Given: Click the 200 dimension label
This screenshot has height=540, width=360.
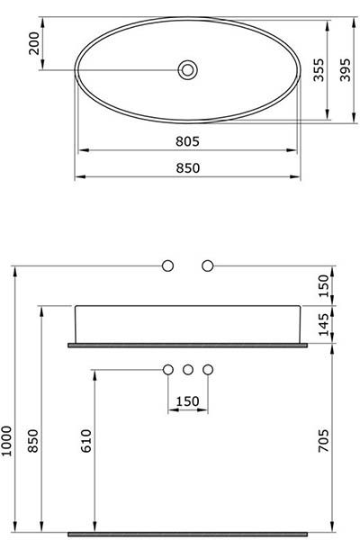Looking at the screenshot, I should click(x=35, y=43).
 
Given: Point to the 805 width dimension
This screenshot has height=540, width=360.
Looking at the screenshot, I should click(x=187, y=141).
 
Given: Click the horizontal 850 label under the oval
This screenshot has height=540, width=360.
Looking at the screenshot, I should click(x=187, y=166).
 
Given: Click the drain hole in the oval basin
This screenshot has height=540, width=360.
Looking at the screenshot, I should click(x=188, y=69).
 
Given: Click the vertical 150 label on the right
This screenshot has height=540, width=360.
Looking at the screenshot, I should click(x=325, y=285).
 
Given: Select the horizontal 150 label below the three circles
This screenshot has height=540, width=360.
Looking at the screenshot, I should click(x=187, y=400).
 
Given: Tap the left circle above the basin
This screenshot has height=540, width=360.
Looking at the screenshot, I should click(x=167, y=265).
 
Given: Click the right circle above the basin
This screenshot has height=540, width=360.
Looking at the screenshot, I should click(x=208, y=265).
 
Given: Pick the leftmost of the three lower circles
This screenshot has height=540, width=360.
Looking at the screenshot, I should click(x=167, y=369).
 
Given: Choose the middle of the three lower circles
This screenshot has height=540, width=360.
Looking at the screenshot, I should click(x=187, y=369).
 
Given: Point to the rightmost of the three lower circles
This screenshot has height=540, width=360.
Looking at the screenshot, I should click(x=208, y=369).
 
